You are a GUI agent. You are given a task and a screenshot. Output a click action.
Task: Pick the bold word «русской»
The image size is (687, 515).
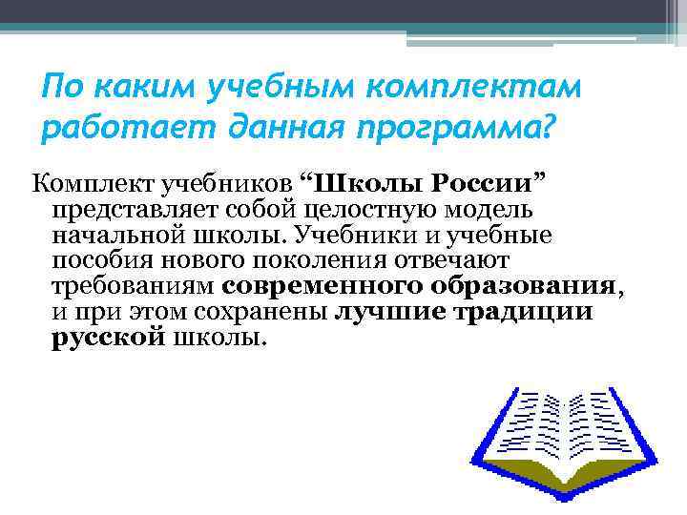(x=105, y=339)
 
